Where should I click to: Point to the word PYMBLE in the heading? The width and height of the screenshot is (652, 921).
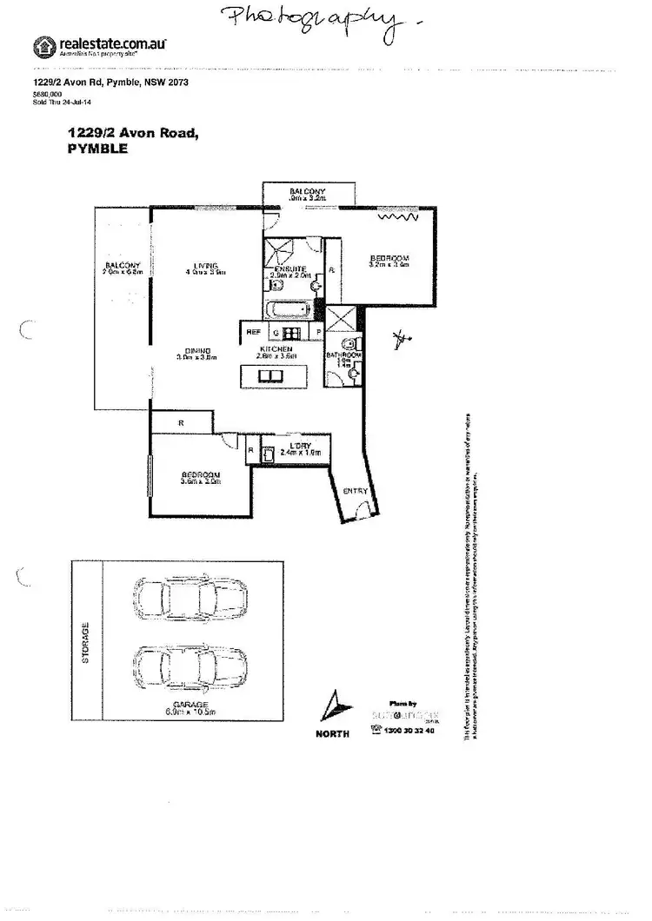point(97,149)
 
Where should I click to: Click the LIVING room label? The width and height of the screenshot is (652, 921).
point(205,265)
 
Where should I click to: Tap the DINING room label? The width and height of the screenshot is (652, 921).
point(196,351)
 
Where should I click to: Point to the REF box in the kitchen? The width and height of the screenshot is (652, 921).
point(254,332)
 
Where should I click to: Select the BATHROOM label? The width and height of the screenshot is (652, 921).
point(343,356)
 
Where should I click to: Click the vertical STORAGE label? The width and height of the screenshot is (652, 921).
point(86,643)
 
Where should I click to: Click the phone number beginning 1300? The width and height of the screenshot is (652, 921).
point(409,732)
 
